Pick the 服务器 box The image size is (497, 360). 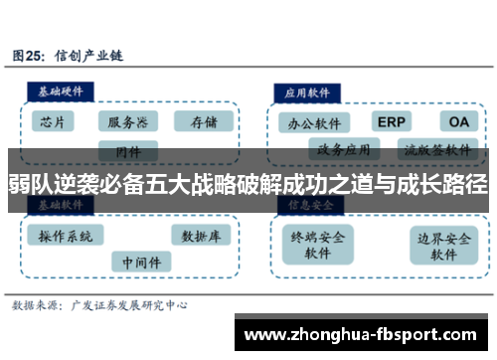(x=128, y=122)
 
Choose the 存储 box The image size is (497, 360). (x=203, y=122)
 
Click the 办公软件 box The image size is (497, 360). (x=314, y=124)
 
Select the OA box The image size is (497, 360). (x=458, y=121)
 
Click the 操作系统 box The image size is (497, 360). (x=66, y=237)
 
